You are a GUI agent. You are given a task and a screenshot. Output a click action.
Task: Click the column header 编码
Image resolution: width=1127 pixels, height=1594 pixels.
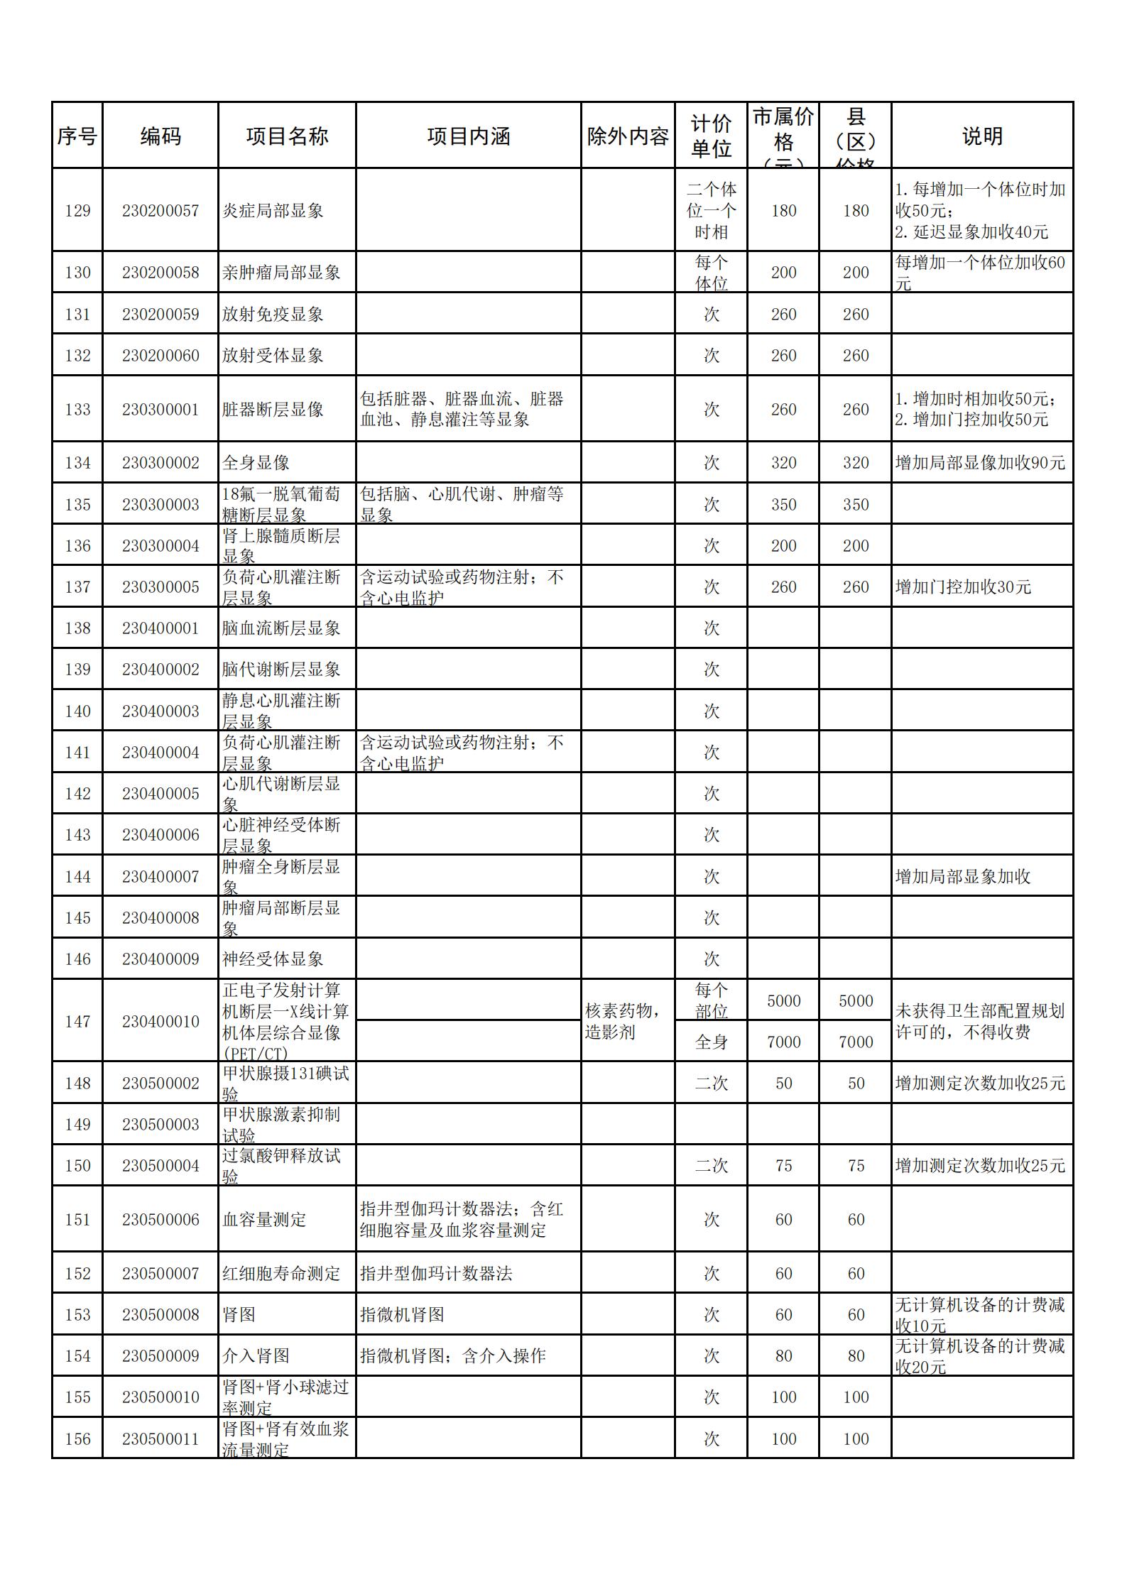tap(160, 136)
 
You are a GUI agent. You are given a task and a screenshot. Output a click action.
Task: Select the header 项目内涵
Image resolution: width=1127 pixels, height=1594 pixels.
tap(468, 136)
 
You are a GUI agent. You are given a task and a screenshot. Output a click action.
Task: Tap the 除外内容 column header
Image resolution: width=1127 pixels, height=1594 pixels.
tap(628, 136)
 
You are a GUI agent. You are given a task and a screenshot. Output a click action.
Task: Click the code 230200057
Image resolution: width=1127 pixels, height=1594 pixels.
tap(160, 211)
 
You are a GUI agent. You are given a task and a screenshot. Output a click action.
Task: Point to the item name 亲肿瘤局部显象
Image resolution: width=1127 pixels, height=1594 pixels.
tap(281, 273)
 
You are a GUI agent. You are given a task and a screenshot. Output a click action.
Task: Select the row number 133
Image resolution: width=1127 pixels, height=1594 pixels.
tap(77, 410)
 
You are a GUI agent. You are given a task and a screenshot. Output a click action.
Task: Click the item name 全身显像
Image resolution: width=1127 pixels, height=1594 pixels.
tap(256, 463)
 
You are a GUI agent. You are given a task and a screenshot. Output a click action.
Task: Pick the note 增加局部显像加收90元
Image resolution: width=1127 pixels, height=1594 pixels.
tap(980, 463)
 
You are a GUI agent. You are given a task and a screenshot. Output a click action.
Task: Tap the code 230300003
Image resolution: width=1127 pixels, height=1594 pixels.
tap(160, 505)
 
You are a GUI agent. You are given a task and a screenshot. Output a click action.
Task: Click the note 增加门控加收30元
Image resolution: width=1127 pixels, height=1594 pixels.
tap(963, 587)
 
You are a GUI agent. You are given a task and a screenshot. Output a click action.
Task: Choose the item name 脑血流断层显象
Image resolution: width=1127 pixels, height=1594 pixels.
tap(281, 628)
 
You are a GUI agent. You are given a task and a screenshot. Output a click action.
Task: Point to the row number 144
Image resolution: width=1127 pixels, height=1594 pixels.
tap(77, 877)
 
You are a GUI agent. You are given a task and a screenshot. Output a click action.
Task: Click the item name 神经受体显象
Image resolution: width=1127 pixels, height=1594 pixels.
tap(273, 959)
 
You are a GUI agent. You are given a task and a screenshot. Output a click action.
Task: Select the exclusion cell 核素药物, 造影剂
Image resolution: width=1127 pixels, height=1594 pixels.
tap(622, 1021)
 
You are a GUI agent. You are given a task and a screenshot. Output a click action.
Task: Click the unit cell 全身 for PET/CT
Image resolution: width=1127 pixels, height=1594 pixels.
tap(712, 1042)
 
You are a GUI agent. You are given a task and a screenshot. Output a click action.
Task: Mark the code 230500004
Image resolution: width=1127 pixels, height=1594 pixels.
tap(160, 1166)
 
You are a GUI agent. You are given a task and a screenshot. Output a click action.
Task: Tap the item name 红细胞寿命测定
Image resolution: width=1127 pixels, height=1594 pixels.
tap(281, 1274)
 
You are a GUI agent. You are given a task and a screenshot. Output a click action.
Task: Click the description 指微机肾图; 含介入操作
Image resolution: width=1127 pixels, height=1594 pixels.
tap(452, 1356)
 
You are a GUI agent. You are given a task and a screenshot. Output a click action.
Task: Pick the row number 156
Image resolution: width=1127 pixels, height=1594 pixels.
tap(77, 1439)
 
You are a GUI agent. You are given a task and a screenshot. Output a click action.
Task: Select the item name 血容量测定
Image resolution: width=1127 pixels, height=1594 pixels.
tap(264, 1220)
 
